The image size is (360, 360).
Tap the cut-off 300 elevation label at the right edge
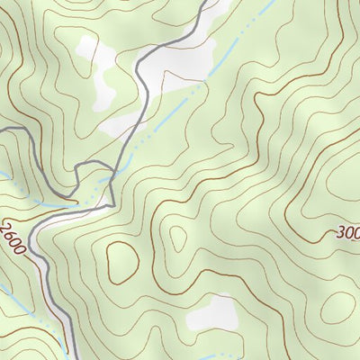(347, 233)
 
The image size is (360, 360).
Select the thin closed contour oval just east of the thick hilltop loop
(176, 238)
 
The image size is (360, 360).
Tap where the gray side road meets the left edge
(3, 131)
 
